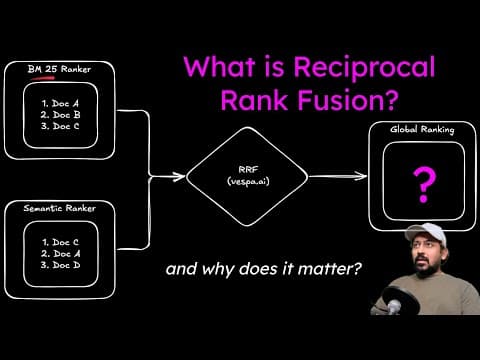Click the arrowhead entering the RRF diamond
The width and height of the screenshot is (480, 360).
(x=182, y=178)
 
